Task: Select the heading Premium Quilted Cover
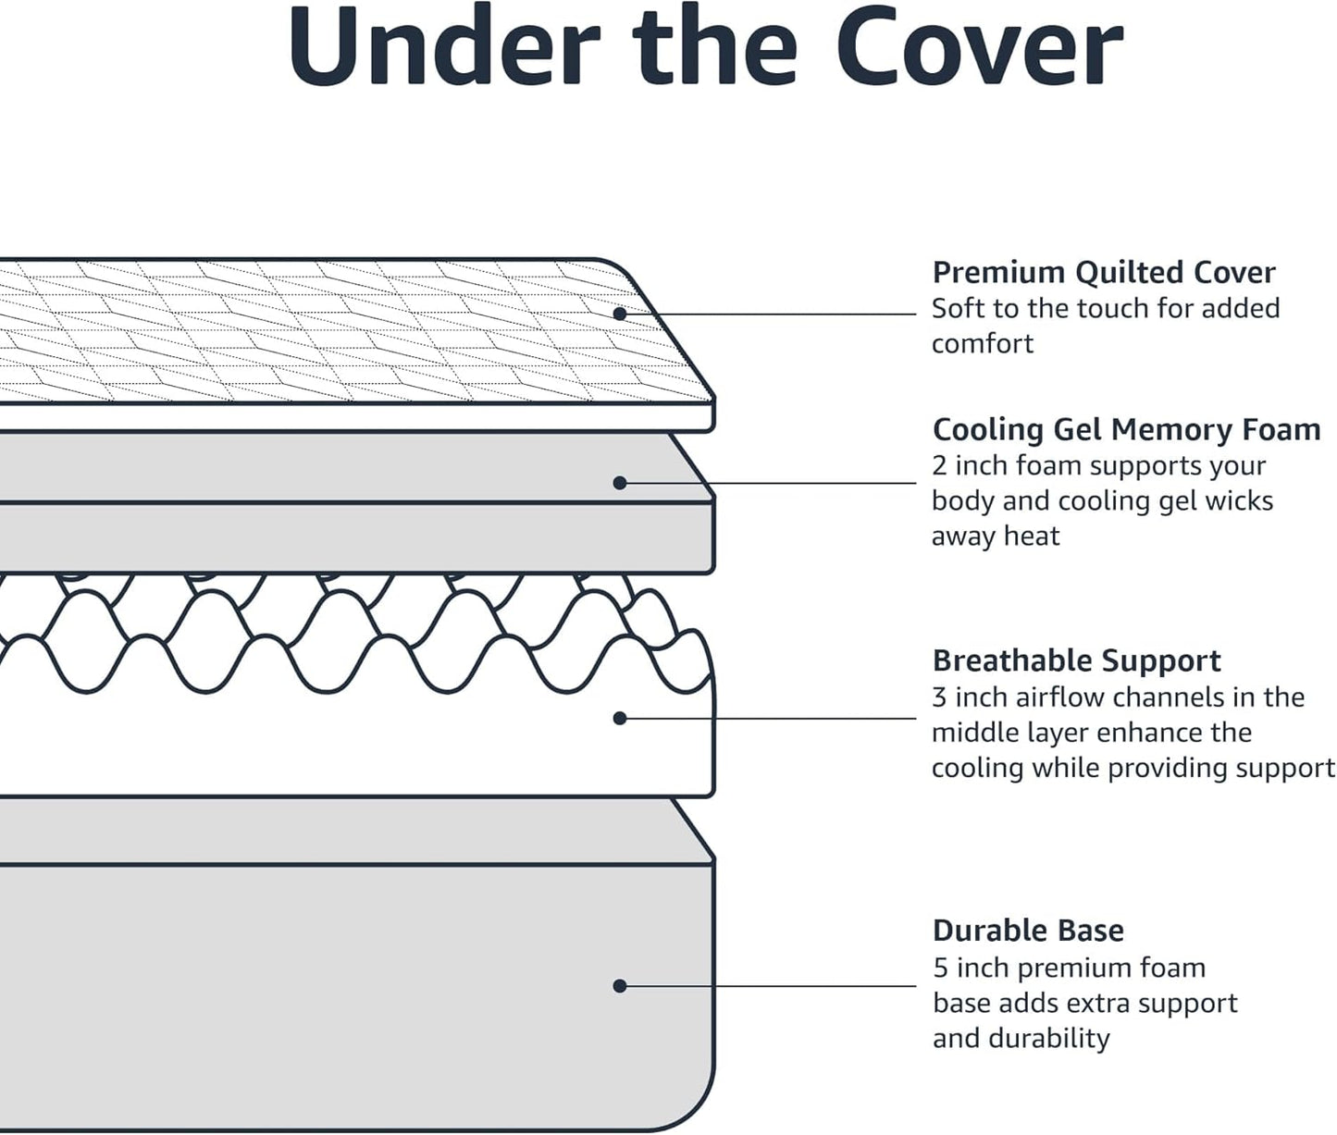coord(1103,272)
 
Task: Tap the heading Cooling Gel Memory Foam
coord(1126,429)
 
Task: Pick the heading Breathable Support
coord(1076,660)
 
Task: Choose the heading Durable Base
coord(1028,930)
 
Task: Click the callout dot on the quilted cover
coord(620,314)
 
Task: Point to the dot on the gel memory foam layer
coord(620,483)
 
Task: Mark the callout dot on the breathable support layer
coord(620,718)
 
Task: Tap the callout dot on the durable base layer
coord(620,986)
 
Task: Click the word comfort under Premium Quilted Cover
coord(982,344)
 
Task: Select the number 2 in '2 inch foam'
coord(939,465)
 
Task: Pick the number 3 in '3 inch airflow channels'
coord(939,697)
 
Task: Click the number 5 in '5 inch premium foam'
coord(940,968)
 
